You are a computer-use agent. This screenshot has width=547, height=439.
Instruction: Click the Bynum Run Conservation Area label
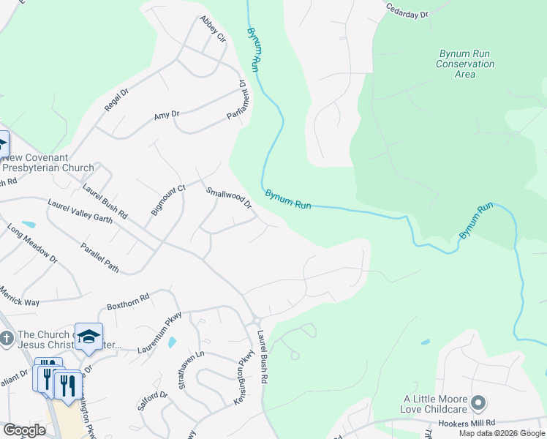point(465,64)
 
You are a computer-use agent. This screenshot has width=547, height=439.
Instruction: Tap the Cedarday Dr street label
point(409,9)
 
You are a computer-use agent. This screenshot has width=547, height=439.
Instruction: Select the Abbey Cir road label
point(213,29)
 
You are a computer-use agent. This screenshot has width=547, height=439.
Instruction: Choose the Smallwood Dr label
point(228,197)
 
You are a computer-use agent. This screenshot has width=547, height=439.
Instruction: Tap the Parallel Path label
point(99,258)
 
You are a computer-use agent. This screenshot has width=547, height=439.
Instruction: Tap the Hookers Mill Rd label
point(468,423)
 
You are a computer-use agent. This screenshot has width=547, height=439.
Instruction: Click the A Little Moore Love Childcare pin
point(478,402)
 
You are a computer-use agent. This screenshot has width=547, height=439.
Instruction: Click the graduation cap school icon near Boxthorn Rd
point(88,336)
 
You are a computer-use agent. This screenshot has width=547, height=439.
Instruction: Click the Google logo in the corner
point(24,430)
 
